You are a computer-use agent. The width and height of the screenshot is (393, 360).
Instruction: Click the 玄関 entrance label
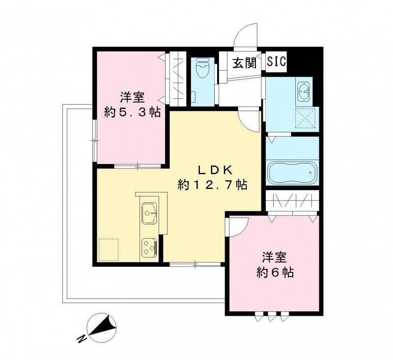tap(245, 63)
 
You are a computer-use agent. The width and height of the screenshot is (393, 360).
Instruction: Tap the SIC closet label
tap(277, 62)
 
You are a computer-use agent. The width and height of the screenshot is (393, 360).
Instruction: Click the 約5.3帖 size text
tap(132, 111)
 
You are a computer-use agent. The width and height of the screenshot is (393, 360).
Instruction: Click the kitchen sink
tap(150, 212)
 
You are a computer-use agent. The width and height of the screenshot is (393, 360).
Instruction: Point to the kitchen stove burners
tap(149, 247)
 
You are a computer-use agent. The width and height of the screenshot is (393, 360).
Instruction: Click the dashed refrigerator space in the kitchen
tap(109, 249)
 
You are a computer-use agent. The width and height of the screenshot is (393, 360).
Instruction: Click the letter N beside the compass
tap(81, 338)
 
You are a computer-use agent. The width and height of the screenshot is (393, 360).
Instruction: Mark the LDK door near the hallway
tap(250, 120)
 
